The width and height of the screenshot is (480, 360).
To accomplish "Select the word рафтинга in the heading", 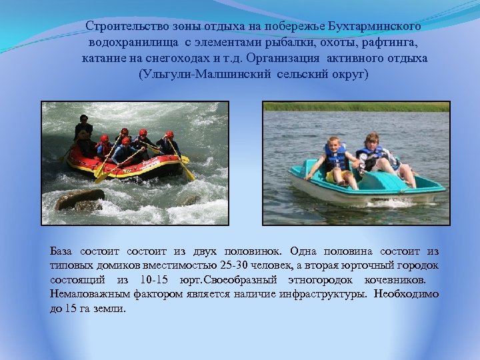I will (x=397, y=42).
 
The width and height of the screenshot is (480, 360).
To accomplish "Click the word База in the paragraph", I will (x=62, y=252).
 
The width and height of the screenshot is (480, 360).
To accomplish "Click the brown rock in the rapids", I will (x=79, y=199).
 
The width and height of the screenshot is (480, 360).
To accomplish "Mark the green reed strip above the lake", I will (x=356, y=107).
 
